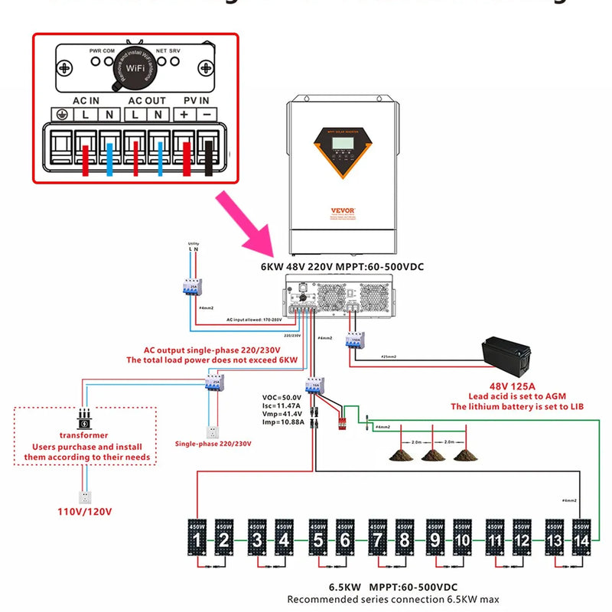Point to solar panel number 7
click(376, 539)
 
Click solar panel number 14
click(582, 539)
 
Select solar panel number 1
click(197, 539)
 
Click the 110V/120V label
click(83, 510)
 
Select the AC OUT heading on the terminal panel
click(146, 100)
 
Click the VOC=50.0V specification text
click(282, 398)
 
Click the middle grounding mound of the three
click(432, 454)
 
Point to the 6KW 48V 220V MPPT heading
click(342, 266)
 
